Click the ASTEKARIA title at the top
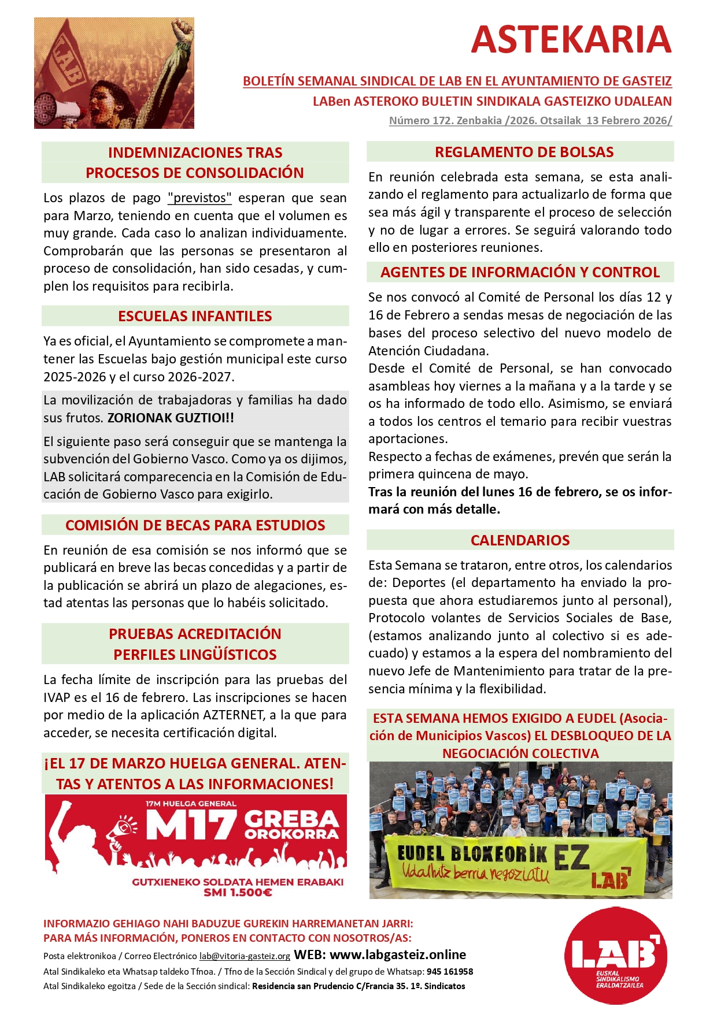click(571, 39)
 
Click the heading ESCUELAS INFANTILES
click(195, 316)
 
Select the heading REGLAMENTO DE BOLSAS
click(524, 152)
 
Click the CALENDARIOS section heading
click(520, 540)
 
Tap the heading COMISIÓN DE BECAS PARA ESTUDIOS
click(195, 525)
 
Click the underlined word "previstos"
click(199, 198)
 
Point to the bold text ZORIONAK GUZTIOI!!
click(171, 418)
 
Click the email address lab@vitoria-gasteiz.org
click(245, 956)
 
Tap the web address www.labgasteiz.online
click(397, 954)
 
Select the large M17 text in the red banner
click(191, 824)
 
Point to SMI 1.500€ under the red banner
click(238, 893)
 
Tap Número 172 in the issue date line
click(420, 121)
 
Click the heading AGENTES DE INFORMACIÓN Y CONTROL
click(520, 272)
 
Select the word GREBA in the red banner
click(291, 819)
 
